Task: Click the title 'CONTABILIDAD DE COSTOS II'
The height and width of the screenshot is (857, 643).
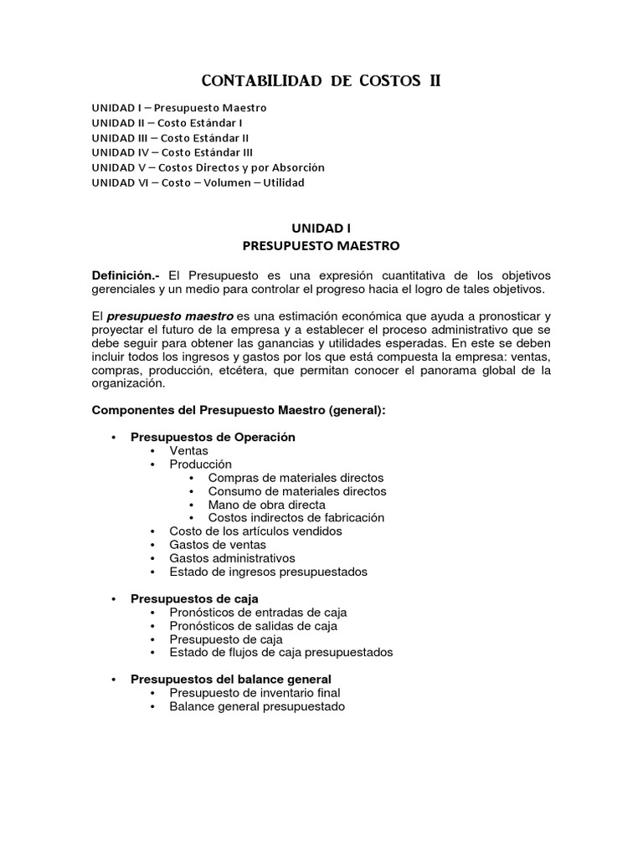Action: click(321, 81)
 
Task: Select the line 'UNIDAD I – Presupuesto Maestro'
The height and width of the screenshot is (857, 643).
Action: click(179, 108)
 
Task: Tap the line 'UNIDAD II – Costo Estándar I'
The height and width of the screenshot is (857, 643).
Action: click(173, 123)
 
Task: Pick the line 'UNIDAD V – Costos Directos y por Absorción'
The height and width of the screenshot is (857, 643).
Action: click(208, 167)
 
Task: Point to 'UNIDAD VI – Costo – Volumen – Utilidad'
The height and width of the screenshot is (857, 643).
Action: click(198, 182)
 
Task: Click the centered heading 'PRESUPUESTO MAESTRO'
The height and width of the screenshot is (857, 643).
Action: click(321, 246)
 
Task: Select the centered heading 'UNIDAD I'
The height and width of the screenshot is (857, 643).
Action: click(321, 228)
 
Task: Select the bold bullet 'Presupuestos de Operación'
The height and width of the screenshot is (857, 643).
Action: click(213, 437)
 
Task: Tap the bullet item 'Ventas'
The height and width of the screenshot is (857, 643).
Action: click(188, 450)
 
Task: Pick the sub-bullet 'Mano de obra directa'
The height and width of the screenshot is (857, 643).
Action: click(266, 505)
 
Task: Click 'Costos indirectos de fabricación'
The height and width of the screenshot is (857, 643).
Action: click(296, 517)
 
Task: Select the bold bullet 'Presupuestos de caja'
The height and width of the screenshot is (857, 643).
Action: click(194, 598)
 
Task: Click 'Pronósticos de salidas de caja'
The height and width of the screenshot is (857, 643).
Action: click(253, 625)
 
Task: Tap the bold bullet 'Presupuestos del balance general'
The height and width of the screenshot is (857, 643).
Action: click(231, 679)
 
